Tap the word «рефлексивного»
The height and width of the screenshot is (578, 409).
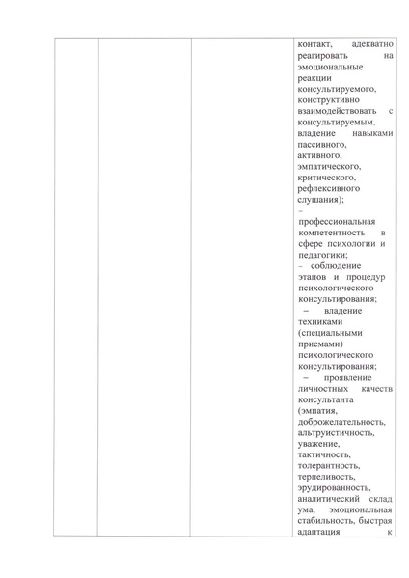(330, 189)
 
